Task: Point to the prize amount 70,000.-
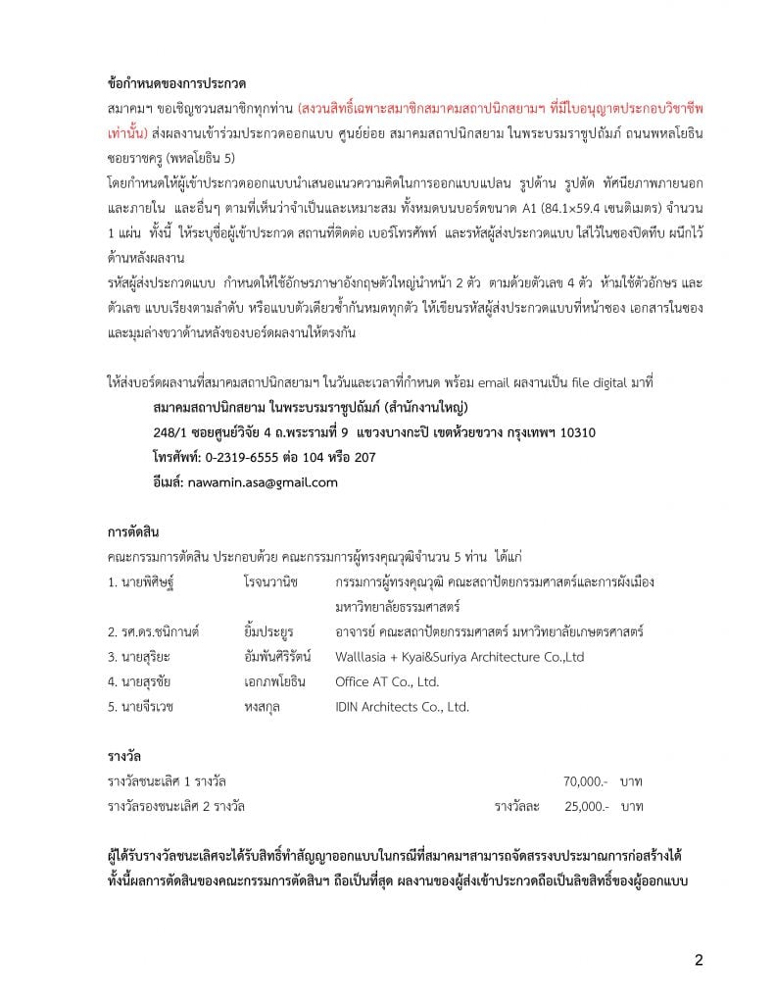(x=585, y=780)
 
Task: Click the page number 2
(x=698, y=960)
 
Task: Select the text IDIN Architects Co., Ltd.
(x=402, y=706)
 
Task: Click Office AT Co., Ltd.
(x=387, y=681)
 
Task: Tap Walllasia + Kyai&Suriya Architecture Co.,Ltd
(x=459, y=656)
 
